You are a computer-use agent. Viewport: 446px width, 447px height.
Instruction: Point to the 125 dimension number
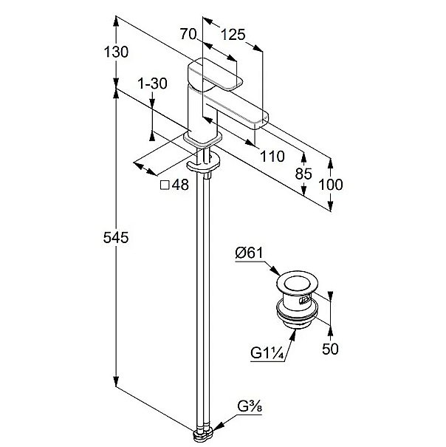[233, 34]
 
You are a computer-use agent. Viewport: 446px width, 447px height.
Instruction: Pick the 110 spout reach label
[272, 155]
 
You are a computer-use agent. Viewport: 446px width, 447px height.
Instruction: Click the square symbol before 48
[165, 185]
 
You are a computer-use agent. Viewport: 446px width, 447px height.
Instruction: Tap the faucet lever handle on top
[219, 75]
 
